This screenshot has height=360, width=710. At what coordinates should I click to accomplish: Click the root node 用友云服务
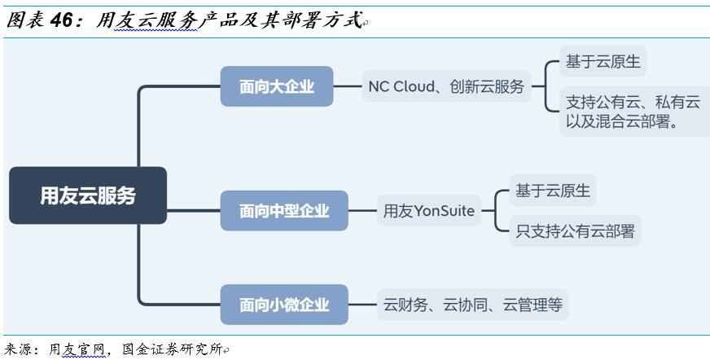point(88,195)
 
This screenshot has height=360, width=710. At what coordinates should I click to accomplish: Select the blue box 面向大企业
point(277,86)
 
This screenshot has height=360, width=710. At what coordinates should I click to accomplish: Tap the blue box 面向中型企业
point(284,211)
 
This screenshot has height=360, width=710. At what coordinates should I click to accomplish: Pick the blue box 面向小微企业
point(284,305)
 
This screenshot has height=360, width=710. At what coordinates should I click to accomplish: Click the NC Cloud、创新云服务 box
point(445,86)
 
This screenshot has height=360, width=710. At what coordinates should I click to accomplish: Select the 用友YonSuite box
point(429,211)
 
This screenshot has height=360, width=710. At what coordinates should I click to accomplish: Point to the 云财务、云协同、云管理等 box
point(472,305)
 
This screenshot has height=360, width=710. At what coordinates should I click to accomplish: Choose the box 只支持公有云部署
point(575,230)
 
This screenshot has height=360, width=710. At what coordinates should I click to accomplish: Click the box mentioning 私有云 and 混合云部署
point(633,112)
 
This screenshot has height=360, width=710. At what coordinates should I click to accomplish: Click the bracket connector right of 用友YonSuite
point(495,211)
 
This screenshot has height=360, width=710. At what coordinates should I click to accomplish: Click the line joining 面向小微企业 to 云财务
point(362,305)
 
